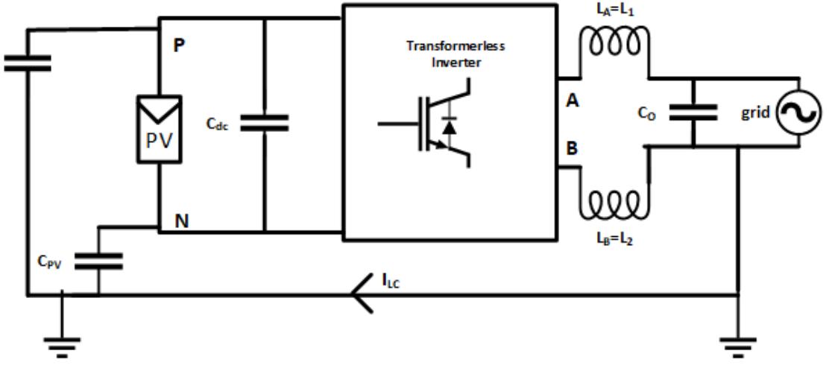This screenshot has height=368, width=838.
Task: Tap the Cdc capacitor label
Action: pyautogui.click(x=218, y=124)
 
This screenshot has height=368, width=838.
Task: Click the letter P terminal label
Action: pyautogui.click(x=179, y=45)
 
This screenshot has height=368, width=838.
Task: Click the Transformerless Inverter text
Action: pyautogui.click(x=455, y=54)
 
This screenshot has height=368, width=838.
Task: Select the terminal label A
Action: pyautogui.click(x=572, y=101)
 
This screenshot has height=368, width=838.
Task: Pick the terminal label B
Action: pyautogui.click(x=572, y=149)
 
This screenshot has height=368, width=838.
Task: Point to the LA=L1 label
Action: pyautogui.click(x=615, y=10)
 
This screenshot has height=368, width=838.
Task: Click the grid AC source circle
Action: pyautogui.click(x=798, y=112)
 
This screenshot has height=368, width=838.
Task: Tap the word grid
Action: pyautogui.click(x=756, y=113)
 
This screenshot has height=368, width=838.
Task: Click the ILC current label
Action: pyautogui.click(x=392, y=281)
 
